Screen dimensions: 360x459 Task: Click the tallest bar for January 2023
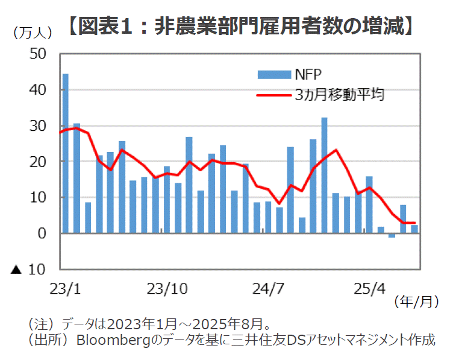tap(66, 153)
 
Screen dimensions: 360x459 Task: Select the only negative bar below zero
tap(392, 235)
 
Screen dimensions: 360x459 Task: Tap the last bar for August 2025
tap(414, 229)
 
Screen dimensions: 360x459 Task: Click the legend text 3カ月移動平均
tap(340, 95)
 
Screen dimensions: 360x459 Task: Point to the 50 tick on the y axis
tap(38, 54)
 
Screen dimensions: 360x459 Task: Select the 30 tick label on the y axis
tap(38, 126)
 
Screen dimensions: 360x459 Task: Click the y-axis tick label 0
tap(42, 233)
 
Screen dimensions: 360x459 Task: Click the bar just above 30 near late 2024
tap(324, 175)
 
